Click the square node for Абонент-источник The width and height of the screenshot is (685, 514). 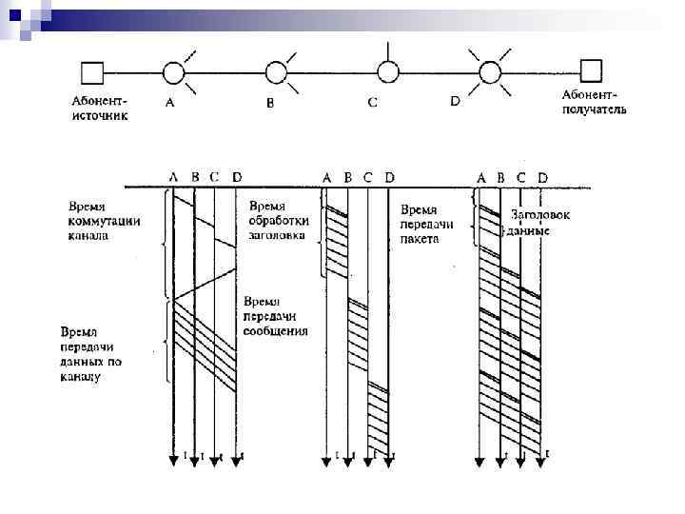(x=92, y=71)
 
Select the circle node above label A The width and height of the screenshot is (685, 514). (x=174, y=71)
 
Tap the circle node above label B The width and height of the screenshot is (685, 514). (x=276, y=71)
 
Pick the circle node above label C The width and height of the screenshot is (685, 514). (x=386, y=71)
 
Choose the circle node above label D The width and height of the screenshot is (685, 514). (x=488, y=71)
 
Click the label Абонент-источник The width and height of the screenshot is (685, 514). (x=99, y=106)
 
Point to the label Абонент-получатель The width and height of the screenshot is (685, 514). (x=594, y=102)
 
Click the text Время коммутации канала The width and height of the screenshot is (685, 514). (x=103, y=221)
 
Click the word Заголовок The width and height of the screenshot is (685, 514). (x=539, y=215)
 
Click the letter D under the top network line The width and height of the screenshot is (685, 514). (x=455, y=101)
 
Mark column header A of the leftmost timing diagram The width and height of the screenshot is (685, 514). (x=173, y=176)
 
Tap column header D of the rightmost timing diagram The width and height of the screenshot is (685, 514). (x=542, y=177)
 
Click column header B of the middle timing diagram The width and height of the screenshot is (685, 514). (x=348, y=176)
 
